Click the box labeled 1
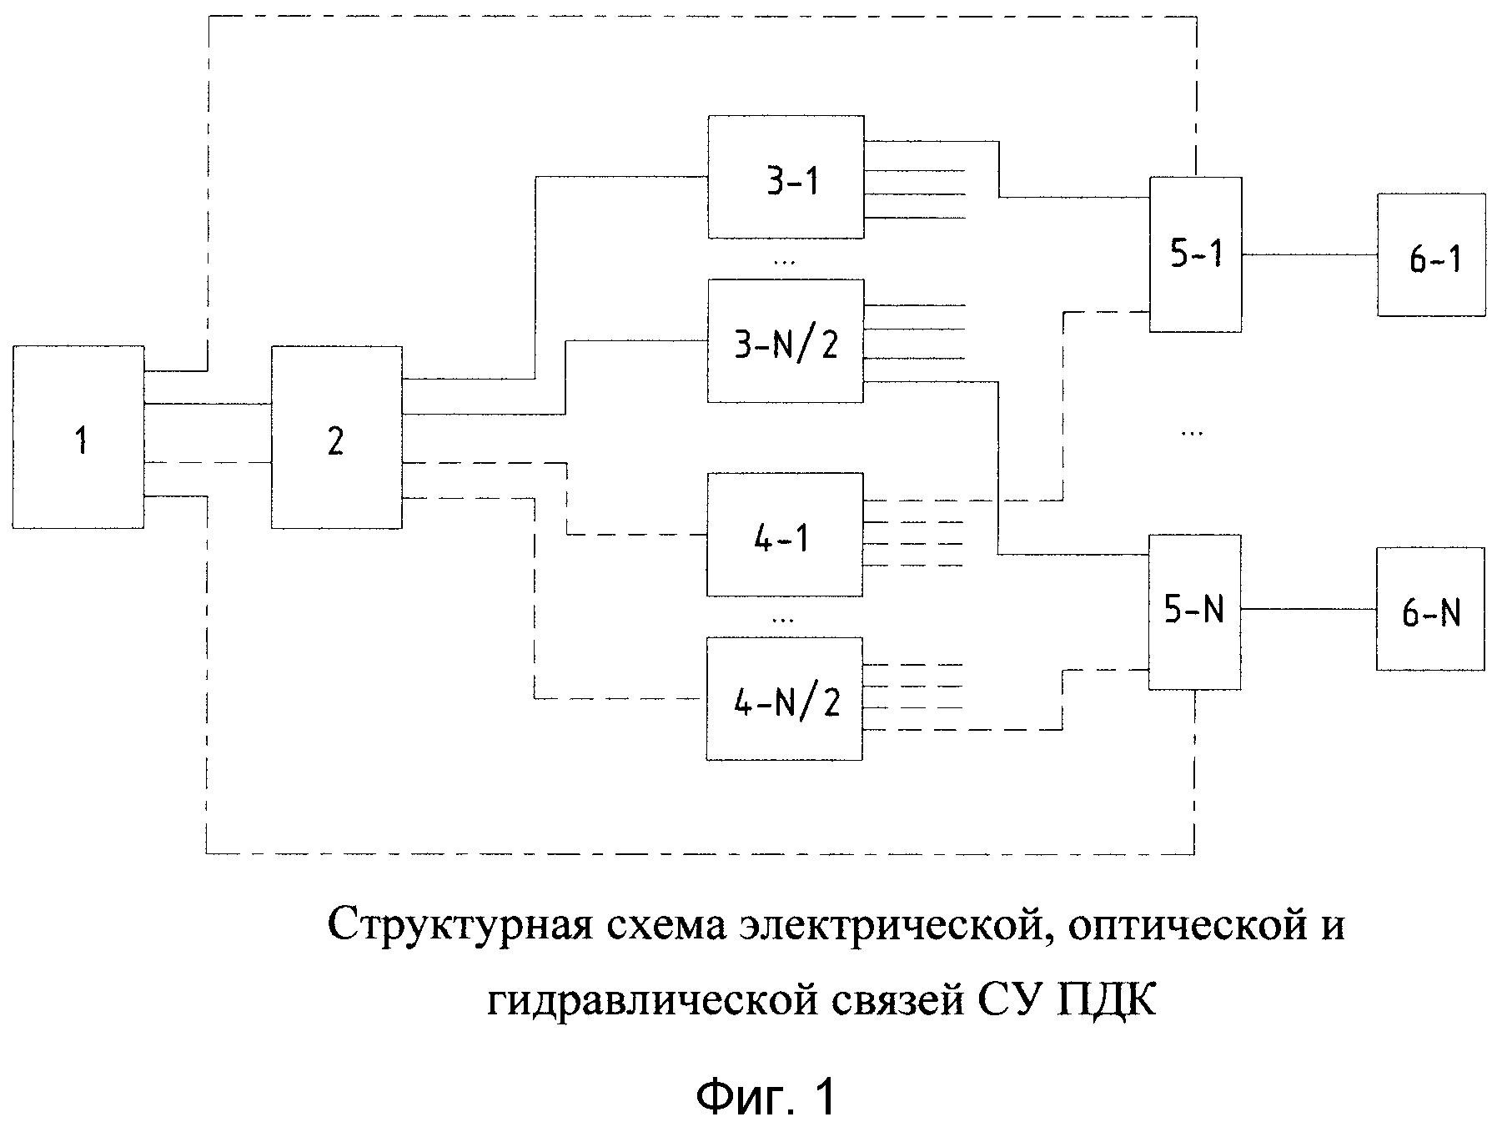point(78,438)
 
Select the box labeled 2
point(336,438)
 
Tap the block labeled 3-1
point(785,177)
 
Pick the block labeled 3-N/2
point(785,341)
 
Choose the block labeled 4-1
point(784,535)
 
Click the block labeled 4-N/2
point(784,699)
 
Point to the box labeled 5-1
point(1195,254)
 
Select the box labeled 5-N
point(1194,611)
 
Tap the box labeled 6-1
point(1431,255)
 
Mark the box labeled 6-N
point(1430,610)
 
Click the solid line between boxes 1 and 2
point(208,404)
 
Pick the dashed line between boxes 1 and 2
point(208,462)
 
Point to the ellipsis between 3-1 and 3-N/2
point(784,261)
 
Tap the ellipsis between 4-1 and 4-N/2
point(783,619)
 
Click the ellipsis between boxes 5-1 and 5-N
point(1193,433)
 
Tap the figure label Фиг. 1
point(765,1098)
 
